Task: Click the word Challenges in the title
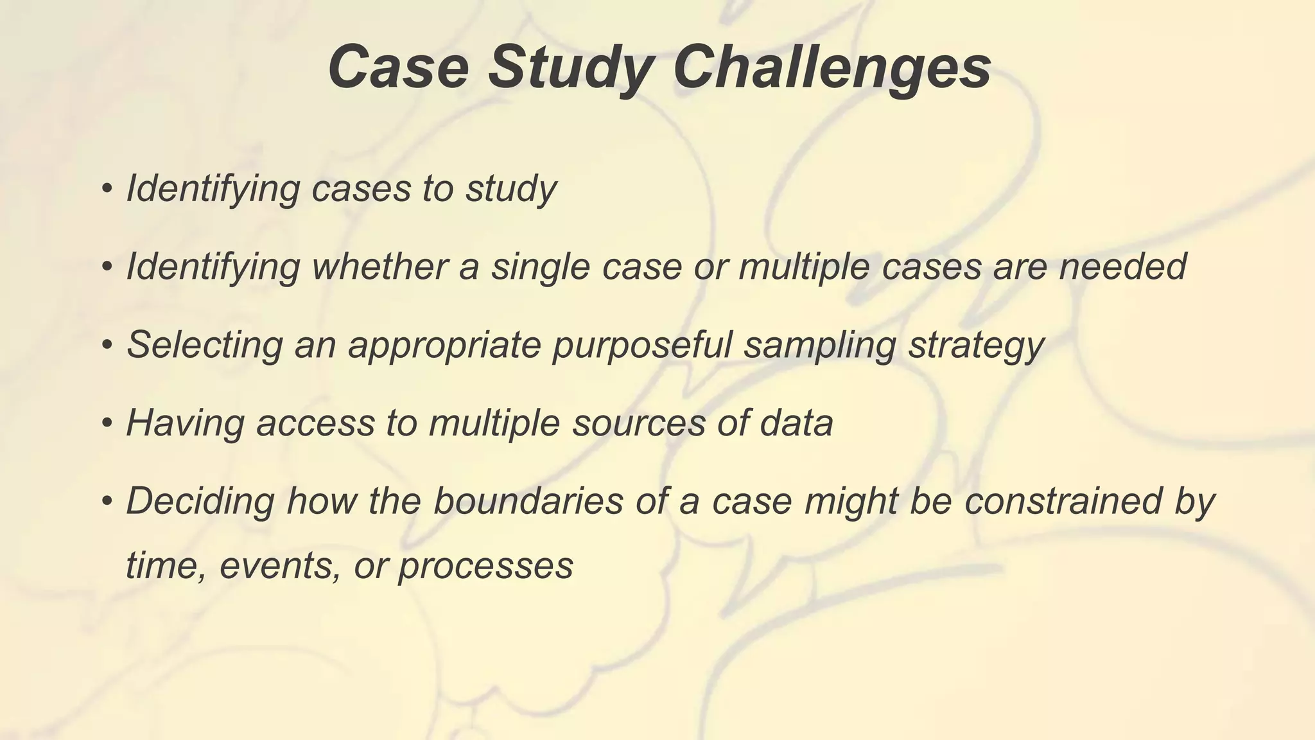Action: coord(832,67)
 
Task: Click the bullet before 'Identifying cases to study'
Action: coord(107,189)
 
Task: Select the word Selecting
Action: coord(205,345)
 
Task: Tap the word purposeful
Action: coord(642,345)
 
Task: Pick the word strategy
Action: coord(976,345)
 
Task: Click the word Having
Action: coord(186,423)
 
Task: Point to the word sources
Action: coord(639,423)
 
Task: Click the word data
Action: coord(796,423)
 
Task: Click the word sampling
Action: coord(819,345)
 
